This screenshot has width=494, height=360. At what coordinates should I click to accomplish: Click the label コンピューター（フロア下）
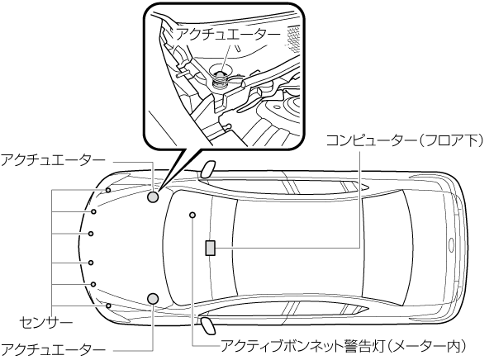[x=404, y=141]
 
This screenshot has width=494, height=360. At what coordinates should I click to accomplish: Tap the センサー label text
[x=46, y=323]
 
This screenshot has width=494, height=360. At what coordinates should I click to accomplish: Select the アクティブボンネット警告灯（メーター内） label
[x=344, y=346]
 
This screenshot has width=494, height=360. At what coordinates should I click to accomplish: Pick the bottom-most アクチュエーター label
[x=53, y=349]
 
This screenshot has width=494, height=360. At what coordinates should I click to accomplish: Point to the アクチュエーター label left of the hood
[x=53, y=161]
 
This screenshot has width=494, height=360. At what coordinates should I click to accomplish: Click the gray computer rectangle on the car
[x=210, y=248]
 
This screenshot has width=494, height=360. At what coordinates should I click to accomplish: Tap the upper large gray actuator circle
[x=153, y=197]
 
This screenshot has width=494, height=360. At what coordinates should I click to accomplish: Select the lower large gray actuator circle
[x=153, y=298]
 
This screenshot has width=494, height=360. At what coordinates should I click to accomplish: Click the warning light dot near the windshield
[x=192, y=216]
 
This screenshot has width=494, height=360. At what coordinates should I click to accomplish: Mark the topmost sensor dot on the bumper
[x=108, y=190]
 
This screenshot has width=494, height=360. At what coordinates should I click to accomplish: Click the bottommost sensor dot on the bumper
[x=108, y=306]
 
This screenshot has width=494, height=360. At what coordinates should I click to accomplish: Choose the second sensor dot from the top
[x=93, y=211]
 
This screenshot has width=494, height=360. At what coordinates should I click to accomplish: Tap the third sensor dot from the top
[x=91, y=234]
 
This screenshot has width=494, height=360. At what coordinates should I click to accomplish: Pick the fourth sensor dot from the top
[x=91, y=263]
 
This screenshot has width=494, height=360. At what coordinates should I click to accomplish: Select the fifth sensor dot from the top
[x=93, y=284]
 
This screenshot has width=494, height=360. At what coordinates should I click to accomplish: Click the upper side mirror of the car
[x=208, y=169]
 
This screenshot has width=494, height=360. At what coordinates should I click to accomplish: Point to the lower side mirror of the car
[x=208, y=325]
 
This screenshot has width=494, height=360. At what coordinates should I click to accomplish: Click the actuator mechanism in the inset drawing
[x=220, y=78]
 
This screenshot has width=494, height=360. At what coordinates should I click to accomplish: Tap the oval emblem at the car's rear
[x=451, y=244]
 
